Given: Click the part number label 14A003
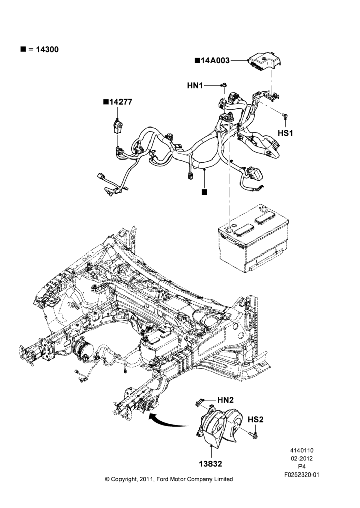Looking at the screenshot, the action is pos(215,60).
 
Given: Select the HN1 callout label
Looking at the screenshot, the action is pos(195,85).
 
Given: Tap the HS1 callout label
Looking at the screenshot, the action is pos(285,133).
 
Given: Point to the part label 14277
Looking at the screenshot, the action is pos(121,102).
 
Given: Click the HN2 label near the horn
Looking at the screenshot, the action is pos(225,400).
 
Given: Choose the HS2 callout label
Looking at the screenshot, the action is pos(256,419).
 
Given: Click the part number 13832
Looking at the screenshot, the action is pos(211,464).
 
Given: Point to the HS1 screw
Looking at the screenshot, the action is pos(285,115).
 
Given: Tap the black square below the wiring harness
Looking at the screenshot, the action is pos(204,192).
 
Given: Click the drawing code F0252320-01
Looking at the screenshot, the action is pos(302,475).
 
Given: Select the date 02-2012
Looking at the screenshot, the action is pos(302,458).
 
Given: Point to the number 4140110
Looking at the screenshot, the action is pos(302,450).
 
